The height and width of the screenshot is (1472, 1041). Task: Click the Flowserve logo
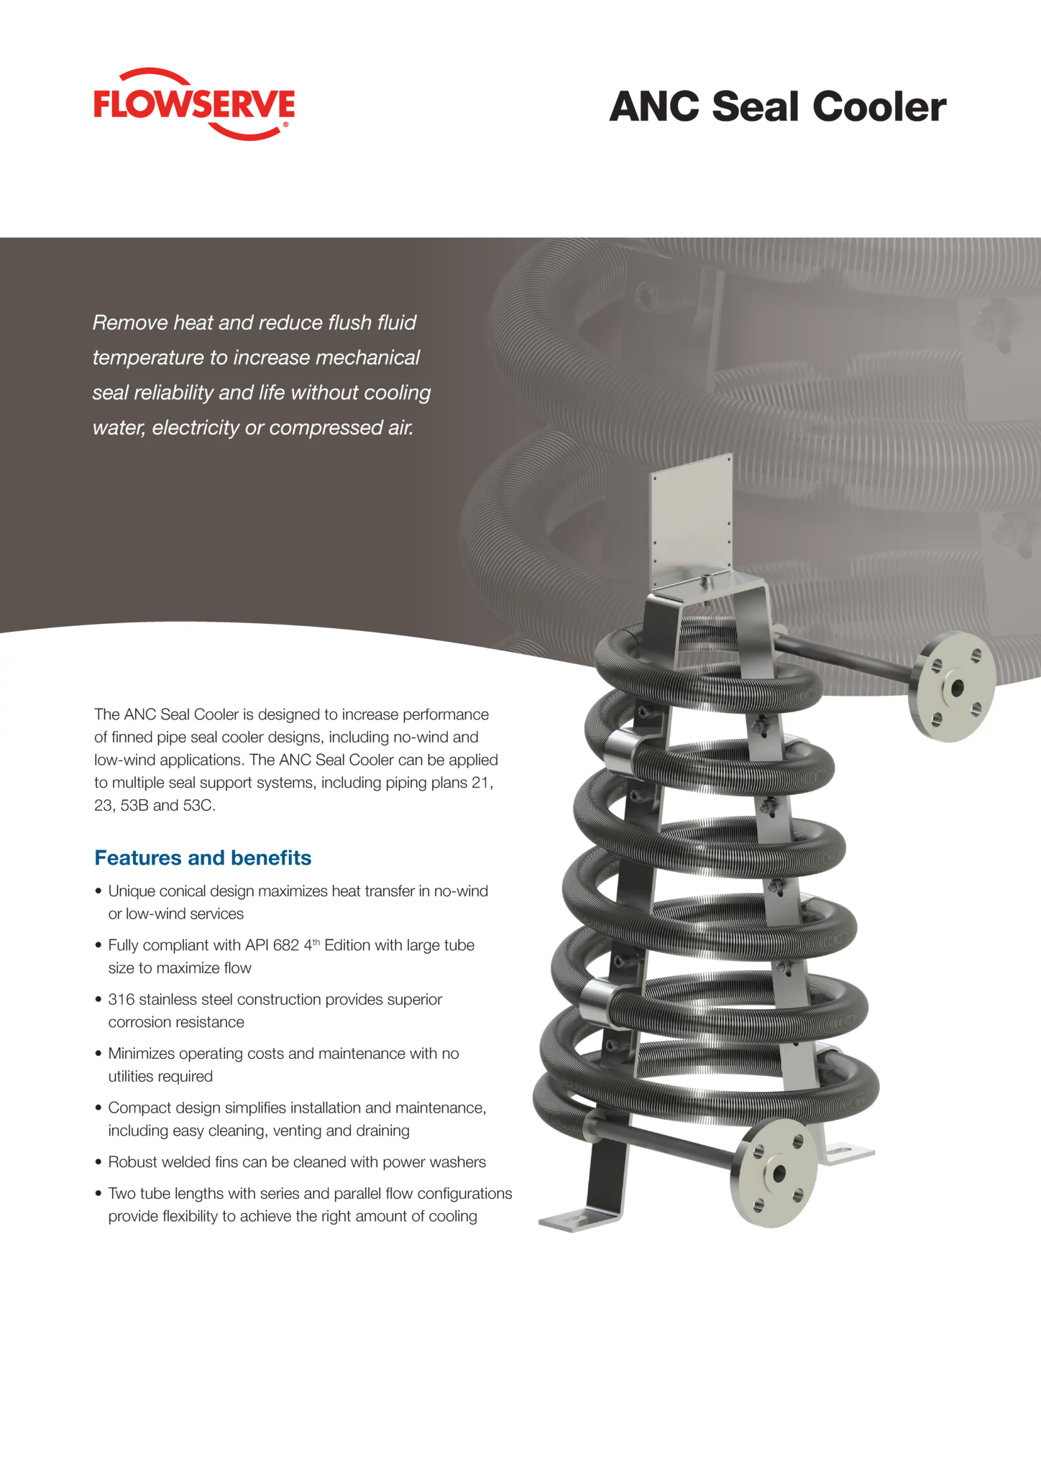coord(194,104)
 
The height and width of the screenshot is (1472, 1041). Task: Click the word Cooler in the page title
coord(879,106)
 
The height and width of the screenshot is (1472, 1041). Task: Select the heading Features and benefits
coord(203,857)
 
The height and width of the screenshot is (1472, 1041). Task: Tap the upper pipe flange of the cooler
coord(952,686)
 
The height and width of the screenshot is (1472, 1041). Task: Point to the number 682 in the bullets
coord(286,945)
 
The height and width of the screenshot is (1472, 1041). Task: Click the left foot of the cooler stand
coord(580,1221)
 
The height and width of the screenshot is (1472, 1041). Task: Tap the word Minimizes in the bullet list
coord(141,1054)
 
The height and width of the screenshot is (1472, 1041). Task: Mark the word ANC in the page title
coord(654,106)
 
